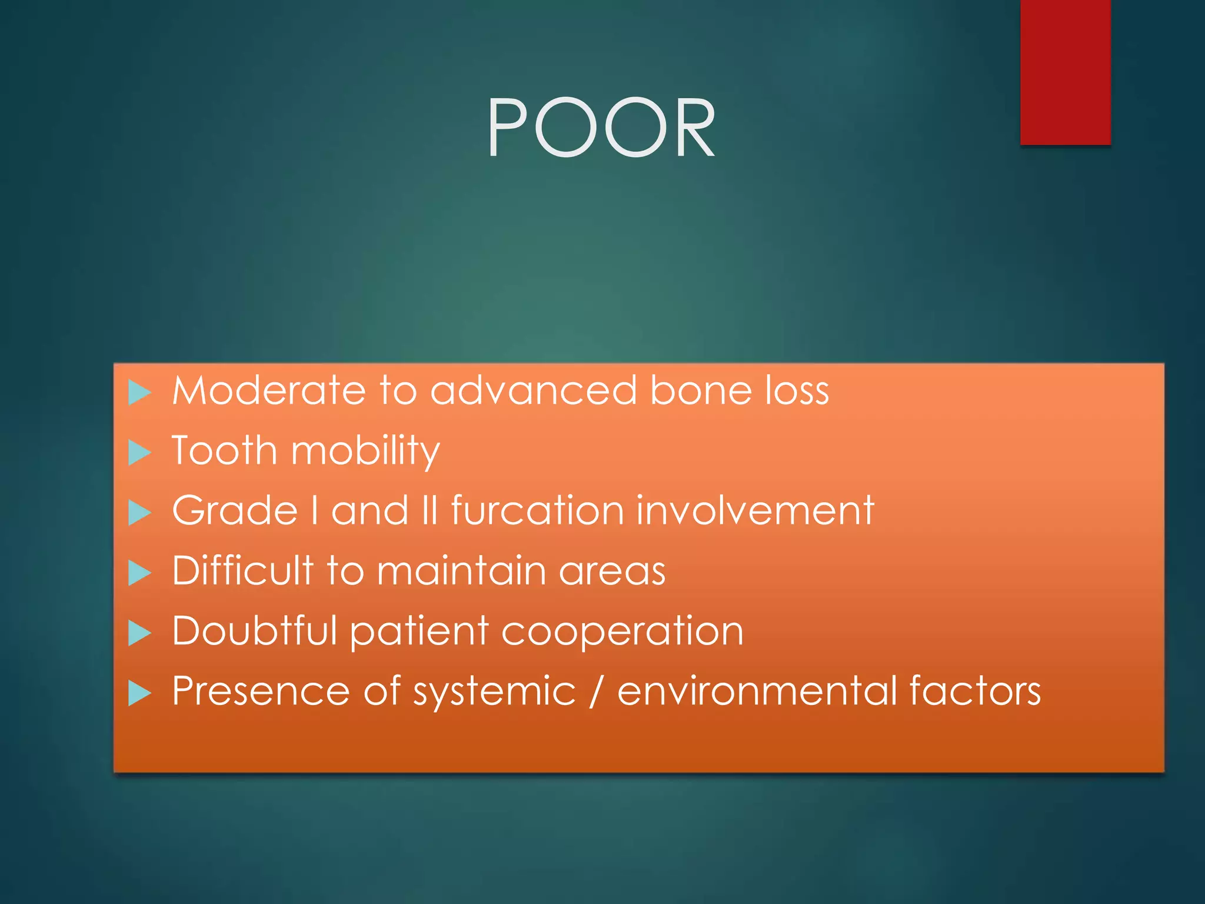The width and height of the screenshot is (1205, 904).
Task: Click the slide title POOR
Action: click(x=601, y=128)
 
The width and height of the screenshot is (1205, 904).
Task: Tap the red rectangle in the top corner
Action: click(x=1065, y=72)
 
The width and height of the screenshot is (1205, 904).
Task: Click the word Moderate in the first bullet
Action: click(x=268, y=391)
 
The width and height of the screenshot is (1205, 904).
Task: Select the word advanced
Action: click(x=533, y=391)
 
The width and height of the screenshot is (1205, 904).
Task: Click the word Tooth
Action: click(x=224, y=451)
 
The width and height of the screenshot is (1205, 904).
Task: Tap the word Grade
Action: click(x=235, y=510)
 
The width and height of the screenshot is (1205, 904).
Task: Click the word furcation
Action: click(x=537, y=510)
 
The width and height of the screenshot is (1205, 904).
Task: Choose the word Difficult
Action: click(x=242, y=570)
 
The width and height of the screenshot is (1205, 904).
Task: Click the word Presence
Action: click(x=261, y=691)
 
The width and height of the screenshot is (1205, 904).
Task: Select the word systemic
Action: click(x=494, y=692)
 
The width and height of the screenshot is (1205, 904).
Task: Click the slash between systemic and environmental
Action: click(x=597, y=692)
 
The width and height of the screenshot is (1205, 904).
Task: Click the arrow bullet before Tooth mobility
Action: click(x=139, y=453)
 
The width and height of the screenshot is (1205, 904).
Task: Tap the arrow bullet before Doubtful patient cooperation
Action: click(x=139, y=633)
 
